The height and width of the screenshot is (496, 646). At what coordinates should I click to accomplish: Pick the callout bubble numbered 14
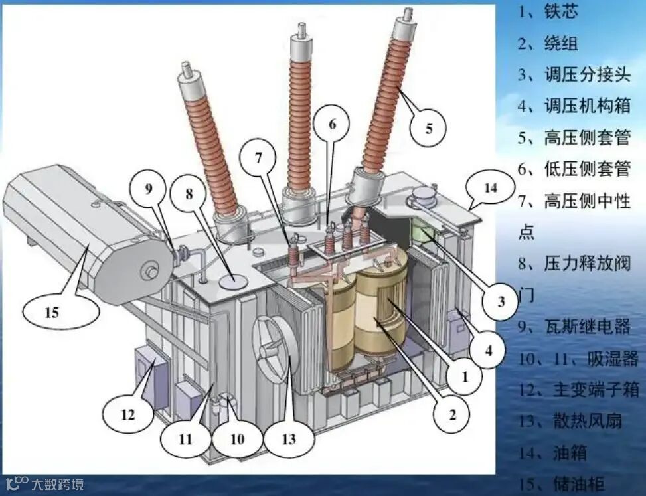[490, 188]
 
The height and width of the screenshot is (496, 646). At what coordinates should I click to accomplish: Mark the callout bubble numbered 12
[128, 415]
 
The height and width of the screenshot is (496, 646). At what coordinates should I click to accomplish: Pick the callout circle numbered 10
[237, 438]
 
